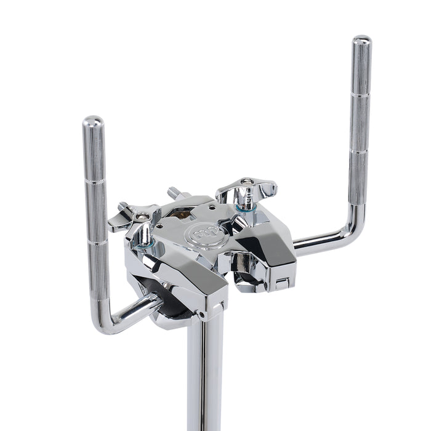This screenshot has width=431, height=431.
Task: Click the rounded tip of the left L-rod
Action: [93, 121]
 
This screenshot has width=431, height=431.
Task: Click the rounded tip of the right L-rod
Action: [362, 41]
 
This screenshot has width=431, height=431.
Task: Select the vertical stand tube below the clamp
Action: [204, 376]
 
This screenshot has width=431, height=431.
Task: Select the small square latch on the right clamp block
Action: [281, 284]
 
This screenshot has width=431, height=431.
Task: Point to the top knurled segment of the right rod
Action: [361, 71]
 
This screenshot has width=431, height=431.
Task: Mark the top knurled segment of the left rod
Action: [94, 154]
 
